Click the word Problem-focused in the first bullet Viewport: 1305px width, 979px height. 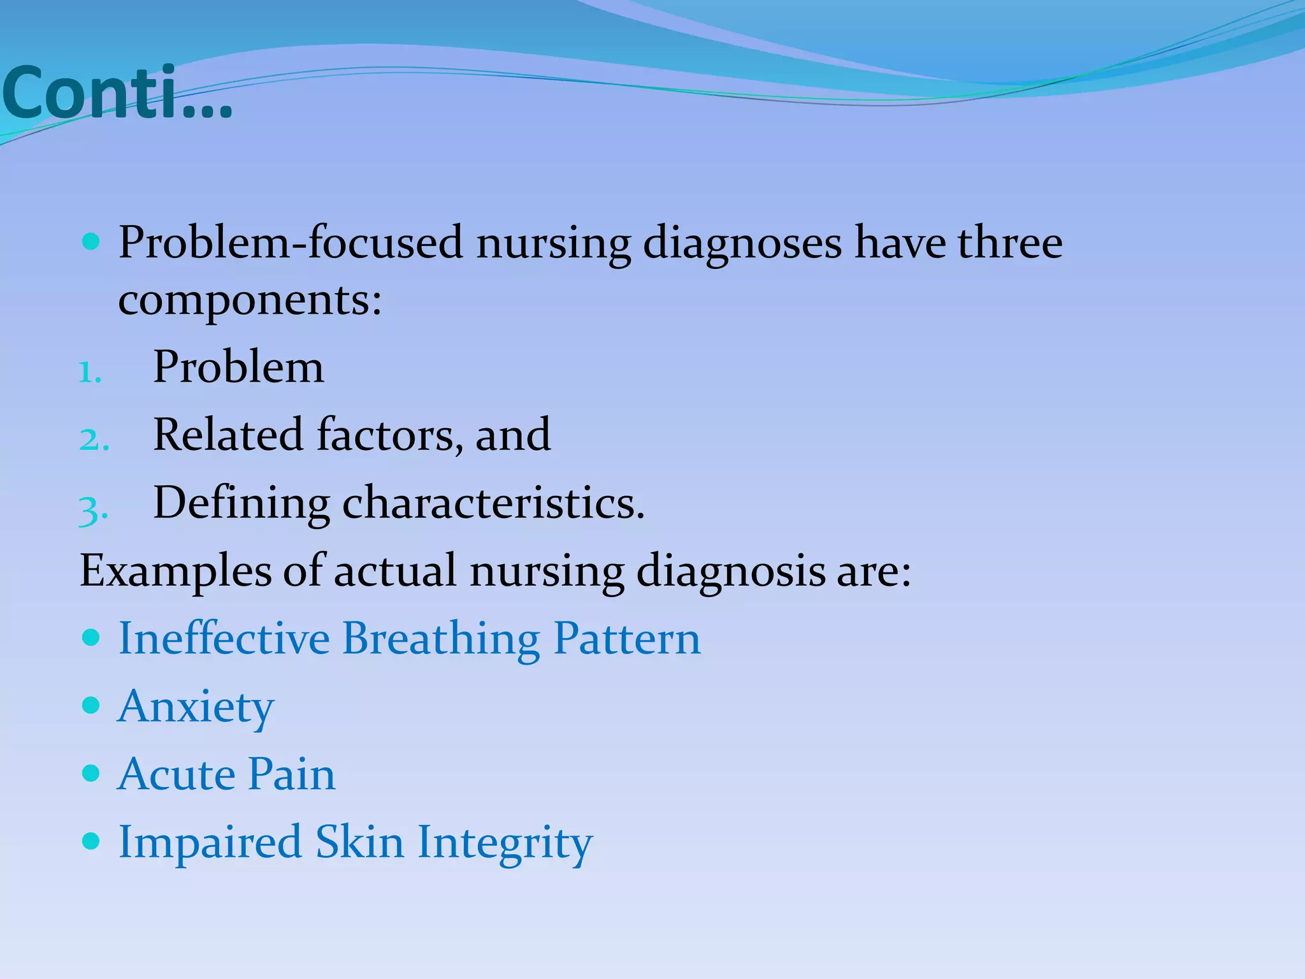click(290, 243)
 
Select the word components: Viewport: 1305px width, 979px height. click(250, 301)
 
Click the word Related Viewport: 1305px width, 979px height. click(227, 435)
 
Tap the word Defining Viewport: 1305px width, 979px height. click(241, 504)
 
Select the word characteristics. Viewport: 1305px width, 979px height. click(493, 504)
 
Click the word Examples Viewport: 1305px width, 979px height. click(175, 570)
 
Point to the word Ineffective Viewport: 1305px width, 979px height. click(224, 638)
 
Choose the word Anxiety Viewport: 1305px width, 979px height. click(196, 707)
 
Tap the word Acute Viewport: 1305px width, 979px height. click(175, 774)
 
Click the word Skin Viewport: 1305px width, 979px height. click(359, 842)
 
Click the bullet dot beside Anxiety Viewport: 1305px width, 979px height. click(92, 705)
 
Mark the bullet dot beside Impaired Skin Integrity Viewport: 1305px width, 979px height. click(92, 841)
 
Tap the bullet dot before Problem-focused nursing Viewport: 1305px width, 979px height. click(92, 242)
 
